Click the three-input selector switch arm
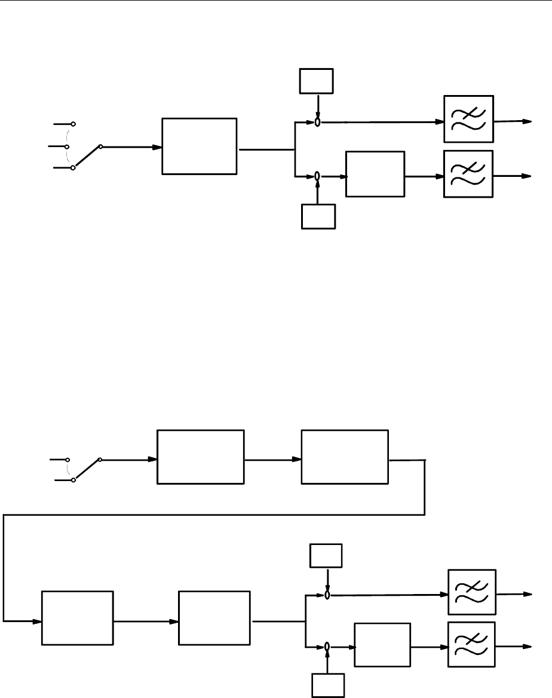(x=87, y=157)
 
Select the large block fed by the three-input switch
(x=199, y=146)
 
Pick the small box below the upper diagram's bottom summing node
(x=318, y=216)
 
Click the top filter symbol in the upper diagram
(x=469, y=119)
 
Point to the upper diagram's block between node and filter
(x=375, y=174)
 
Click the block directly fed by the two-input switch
(x=200, y=457)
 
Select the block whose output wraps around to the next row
(x=345, y=457)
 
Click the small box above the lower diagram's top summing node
(x=326, y=556)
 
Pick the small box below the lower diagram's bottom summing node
(x=328, y=685)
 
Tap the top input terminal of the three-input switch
(x=73, y=124)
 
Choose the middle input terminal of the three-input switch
(x=73, y=146)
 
